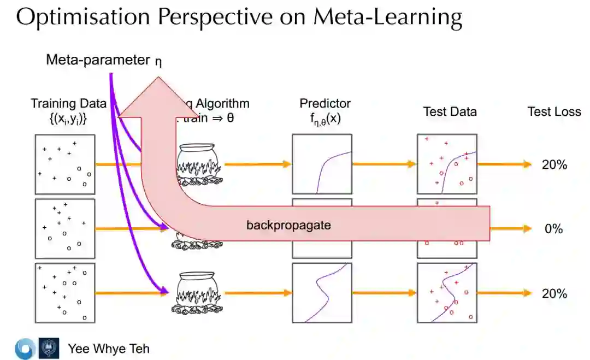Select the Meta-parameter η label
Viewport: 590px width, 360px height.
coord(103,60)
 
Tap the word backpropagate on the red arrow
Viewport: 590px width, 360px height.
coord(288,225)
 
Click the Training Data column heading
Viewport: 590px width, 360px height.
coord(68,104)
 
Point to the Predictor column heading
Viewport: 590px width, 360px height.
coord(325,104)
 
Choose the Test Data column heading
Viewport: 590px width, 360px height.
coord(450,111)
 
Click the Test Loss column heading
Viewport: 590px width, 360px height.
coord(554,111)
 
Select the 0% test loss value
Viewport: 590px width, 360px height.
coord(553,229)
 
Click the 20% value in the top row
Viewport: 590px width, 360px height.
coord(554,164)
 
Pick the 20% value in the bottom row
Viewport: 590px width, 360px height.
coord(554,293)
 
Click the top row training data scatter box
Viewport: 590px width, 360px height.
coord(65,164)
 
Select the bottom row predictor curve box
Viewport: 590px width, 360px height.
coord(322,293)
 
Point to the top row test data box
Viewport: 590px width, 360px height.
coord(447,164)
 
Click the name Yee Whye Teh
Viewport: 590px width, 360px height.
coord(108,349)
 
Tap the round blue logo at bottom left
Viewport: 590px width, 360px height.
coord(25,349)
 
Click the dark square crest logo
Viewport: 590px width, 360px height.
coord(46,349)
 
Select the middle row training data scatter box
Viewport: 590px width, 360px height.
coord(65,228)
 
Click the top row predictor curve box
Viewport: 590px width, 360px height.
coord(322,164)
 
